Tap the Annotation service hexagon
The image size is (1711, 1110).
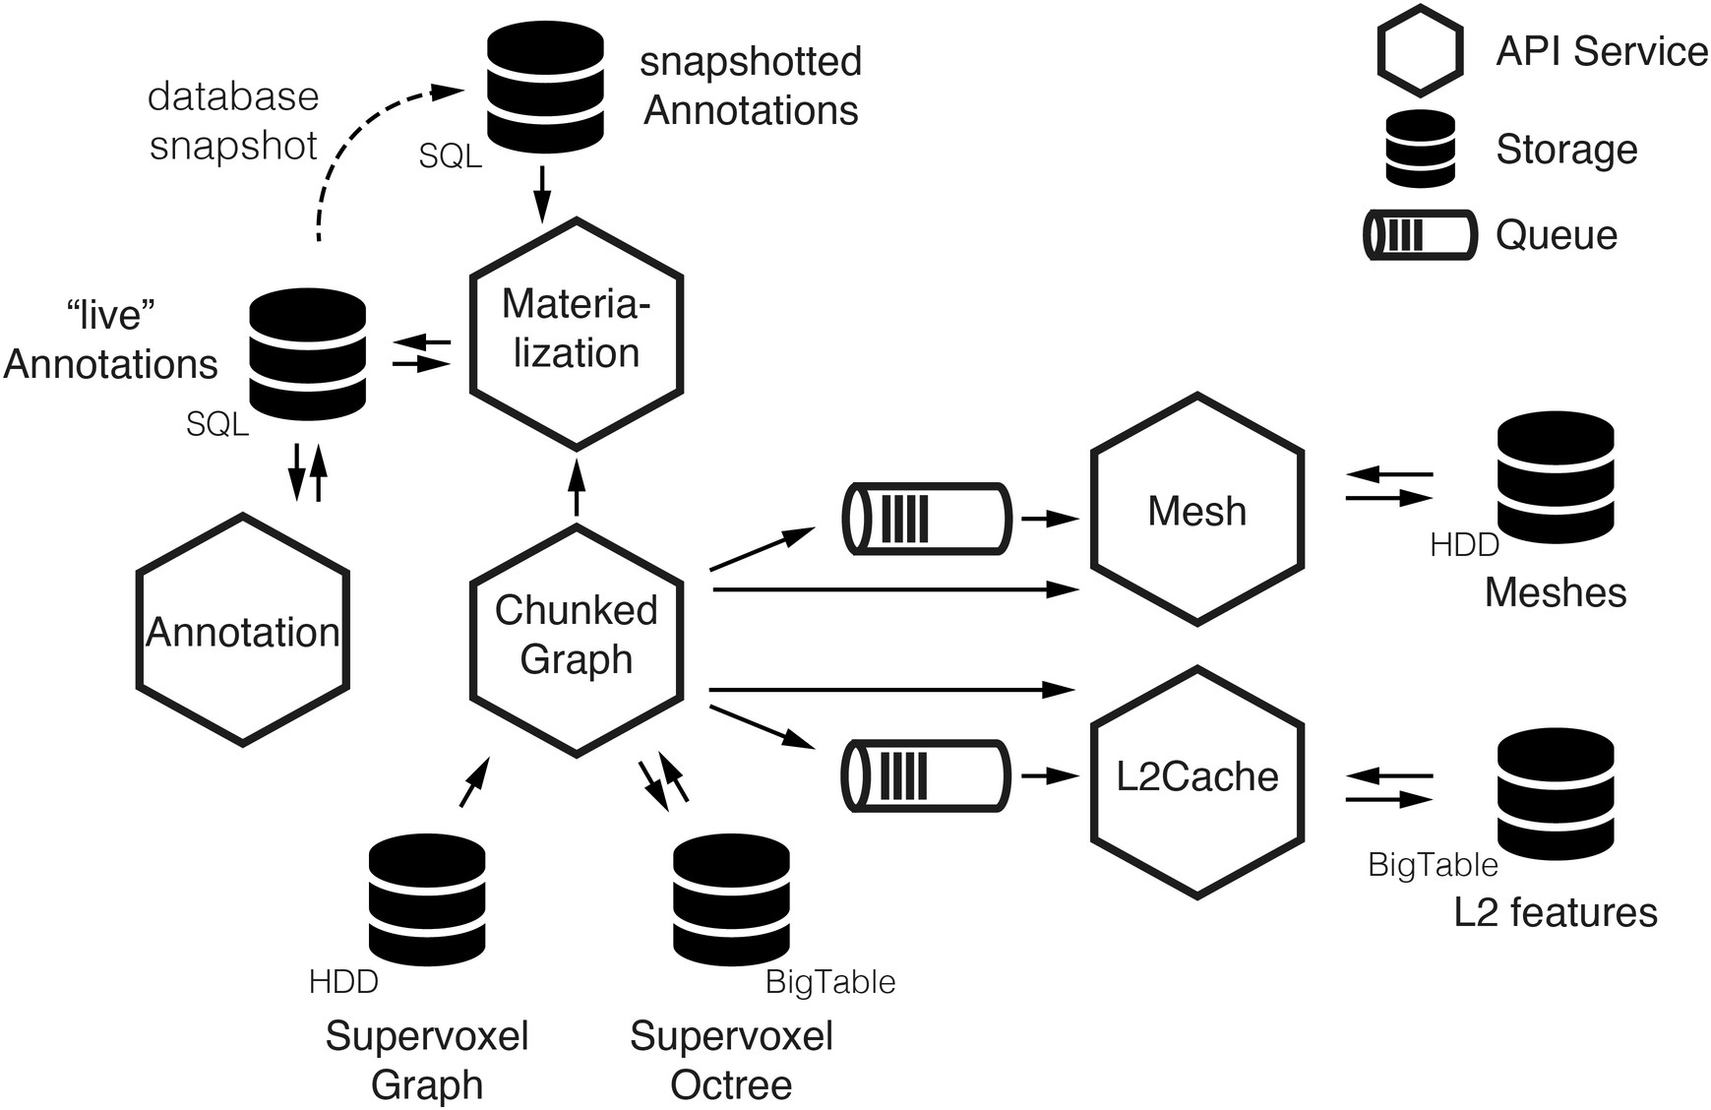point(243,630)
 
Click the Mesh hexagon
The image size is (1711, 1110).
point(1197,510)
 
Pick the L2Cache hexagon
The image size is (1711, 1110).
point(1197,781)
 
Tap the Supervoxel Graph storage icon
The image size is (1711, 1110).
point(427,900)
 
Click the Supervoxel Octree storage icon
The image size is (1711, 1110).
point(731,900)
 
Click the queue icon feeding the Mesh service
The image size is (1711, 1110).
point(927,519)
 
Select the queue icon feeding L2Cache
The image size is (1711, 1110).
point(926,776)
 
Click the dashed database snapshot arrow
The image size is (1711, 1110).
point(354,148)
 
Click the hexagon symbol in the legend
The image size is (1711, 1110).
point(1420,51)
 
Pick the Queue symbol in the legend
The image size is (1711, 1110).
point(1420,235)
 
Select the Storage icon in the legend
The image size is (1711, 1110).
point(1420,149)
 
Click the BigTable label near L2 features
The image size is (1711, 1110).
point(1433,865)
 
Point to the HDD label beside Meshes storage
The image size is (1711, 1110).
point(1464,544)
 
